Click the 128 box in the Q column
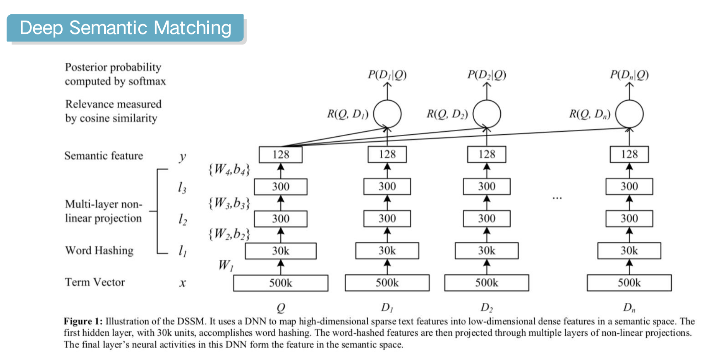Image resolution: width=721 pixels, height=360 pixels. point(280,154)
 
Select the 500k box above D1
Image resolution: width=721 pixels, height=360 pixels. point(387,283)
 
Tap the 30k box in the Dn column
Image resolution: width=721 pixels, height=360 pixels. point(629,251)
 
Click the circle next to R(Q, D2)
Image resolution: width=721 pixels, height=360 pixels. point(487,114)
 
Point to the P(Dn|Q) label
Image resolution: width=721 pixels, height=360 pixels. point(629,74)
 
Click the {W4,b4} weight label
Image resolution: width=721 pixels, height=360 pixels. point(229,169)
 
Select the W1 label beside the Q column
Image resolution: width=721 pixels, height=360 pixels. point(226,265)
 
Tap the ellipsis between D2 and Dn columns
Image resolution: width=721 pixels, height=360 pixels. point(557,198)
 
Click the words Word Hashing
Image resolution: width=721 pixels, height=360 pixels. point(99,250)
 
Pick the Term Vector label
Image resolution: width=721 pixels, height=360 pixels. point(95,282)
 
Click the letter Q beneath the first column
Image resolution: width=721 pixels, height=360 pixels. point(281,308)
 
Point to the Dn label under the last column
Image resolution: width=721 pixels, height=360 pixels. point(629,308)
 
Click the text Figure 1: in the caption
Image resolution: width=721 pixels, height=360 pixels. point(83,321)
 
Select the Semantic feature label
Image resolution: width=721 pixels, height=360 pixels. point(104,156)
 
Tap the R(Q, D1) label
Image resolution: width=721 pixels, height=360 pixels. point(347,114)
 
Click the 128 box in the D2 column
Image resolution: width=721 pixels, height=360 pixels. point(486,154)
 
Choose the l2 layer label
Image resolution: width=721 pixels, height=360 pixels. point(182,219)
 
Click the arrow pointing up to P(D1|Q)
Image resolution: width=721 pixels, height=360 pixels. point(387,91)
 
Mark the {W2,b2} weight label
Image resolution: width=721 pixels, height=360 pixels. point(229,234)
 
